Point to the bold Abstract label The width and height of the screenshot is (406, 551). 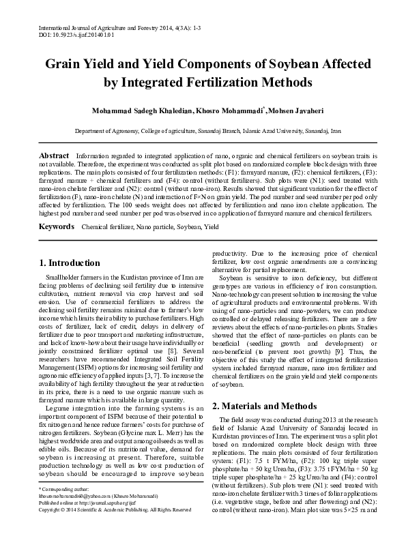54,155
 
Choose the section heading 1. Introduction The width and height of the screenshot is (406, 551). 70,263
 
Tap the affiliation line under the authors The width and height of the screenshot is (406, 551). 203,130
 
